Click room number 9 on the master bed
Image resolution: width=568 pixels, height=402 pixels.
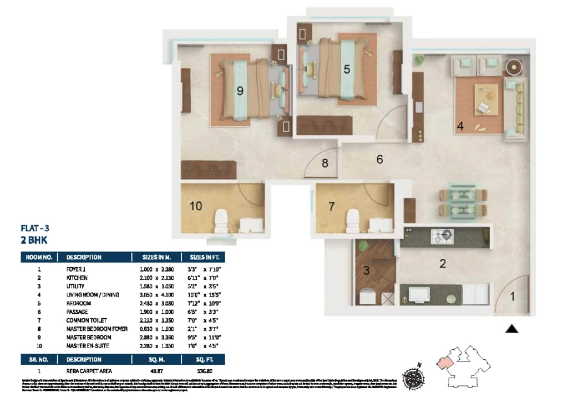(x=240, y=91)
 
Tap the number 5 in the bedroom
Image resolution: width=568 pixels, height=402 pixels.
(x=347, y=69)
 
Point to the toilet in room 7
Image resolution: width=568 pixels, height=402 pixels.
(x=352, y=220)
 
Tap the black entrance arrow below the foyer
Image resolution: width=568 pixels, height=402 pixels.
(x=512, y=329)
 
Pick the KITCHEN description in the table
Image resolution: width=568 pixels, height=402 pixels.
(x=77, y=277)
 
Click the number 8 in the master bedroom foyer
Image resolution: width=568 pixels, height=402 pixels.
(x=325, y=163)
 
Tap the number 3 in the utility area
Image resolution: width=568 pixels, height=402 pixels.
(x=366, y=271)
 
